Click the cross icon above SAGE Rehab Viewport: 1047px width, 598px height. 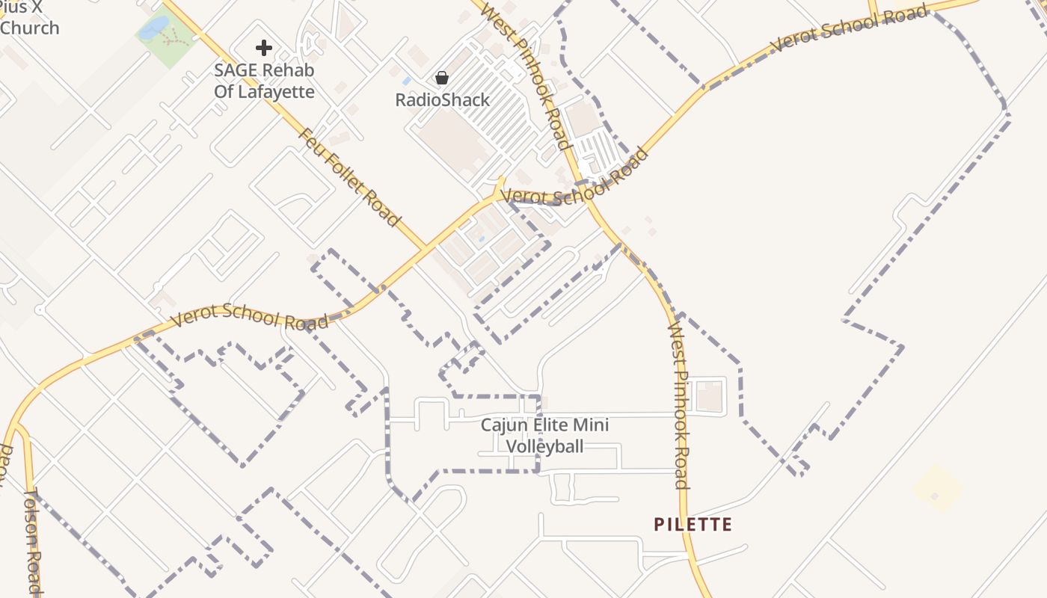(263, 49)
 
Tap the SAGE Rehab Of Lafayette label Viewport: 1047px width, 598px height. (264, 81)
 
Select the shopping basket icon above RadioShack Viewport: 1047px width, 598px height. (442, 78)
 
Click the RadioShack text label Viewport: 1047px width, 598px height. (443, 100)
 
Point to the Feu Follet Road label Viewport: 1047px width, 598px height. (349, 177)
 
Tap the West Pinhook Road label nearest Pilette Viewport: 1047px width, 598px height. (679, 404)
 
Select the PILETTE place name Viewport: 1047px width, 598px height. (693, 524)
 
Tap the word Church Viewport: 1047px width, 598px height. (30, 28)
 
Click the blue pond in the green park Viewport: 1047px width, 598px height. (154, 28)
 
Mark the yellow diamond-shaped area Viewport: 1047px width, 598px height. (938, 488)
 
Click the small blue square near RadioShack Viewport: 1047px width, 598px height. (406, 80)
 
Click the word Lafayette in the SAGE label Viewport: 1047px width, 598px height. (274, 93)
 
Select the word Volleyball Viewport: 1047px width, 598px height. (544, 446)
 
